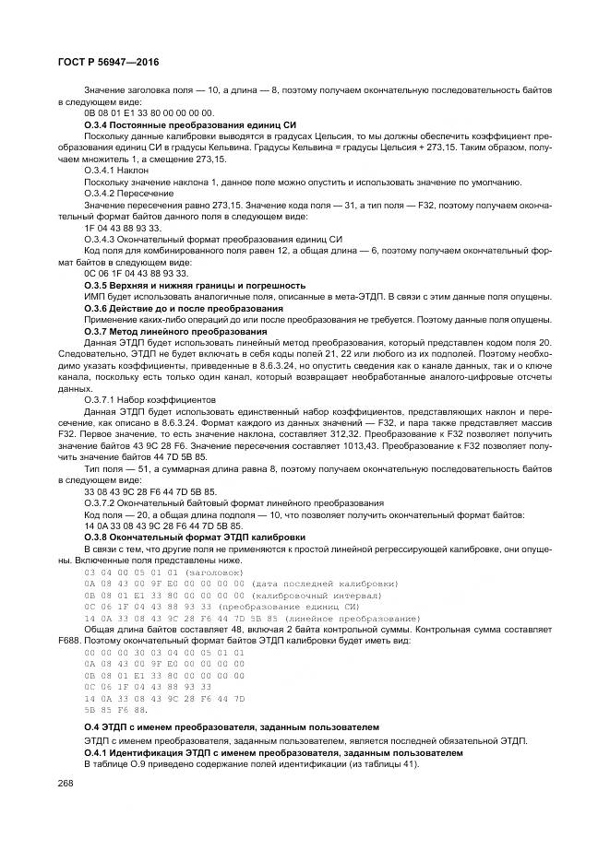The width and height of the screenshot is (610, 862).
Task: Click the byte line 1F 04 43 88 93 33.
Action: tap(122, 228)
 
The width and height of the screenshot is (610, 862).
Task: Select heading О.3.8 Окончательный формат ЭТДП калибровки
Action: tap(195, 537)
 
